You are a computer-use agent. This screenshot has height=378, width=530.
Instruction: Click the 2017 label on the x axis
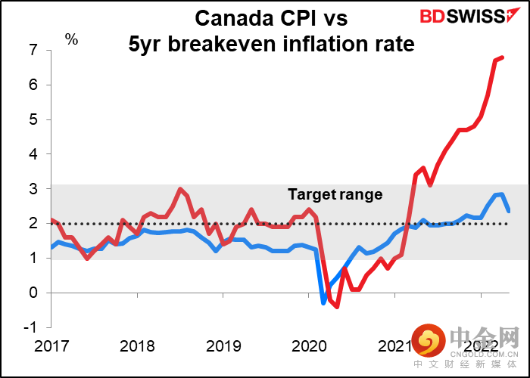(51, 346)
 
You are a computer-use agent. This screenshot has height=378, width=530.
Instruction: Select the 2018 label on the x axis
(137, 346)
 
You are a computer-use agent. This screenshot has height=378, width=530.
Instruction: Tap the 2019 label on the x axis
(223, 346)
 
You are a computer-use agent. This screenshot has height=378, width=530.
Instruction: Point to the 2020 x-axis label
(309, 346)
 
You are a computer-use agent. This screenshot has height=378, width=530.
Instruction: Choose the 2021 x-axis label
(394, 346)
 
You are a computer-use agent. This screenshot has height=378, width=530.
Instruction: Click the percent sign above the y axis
(71, 39)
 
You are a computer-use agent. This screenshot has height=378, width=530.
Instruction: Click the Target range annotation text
(335, 194)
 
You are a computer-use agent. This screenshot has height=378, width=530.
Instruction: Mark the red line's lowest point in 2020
(337, 306)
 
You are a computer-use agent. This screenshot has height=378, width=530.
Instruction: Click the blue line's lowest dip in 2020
(323, 302)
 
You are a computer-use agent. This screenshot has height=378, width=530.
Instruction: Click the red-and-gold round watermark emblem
(429, 342)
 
